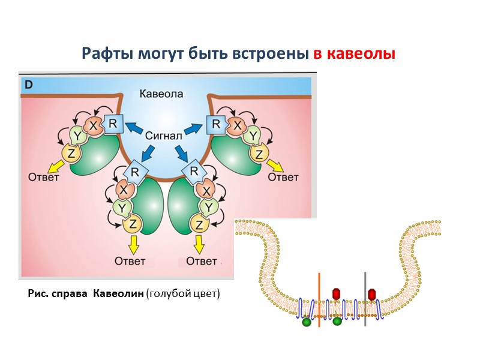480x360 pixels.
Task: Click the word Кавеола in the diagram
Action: pos(161,94)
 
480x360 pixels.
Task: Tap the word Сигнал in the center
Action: pos(163,136)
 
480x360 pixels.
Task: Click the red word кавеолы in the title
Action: pos(354,54)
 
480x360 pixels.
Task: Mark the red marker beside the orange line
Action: pos(336,293)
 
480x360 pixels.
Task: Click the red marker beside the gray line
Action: pos(373,293)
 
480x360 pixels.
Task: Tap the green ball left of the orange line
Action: pos(307,322)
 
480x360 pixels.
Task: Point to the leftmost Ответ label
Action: pos(44,177)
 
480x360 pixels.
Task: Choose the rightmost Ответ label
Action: pos(283,177)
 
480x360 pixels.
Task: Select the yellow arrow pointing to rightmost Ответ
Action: pos(274,164)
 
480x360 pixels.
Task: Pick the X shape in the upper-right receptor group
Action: pos(238,126)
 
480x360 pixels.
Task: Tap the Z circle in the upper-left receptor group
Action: pos(71,154)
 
